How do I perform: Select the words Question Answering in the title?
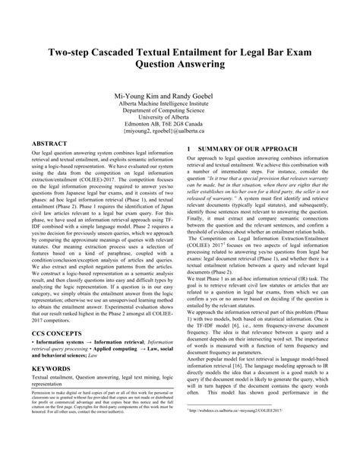pos(180,65)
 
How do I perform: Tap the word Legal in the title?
pos(272,52)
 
